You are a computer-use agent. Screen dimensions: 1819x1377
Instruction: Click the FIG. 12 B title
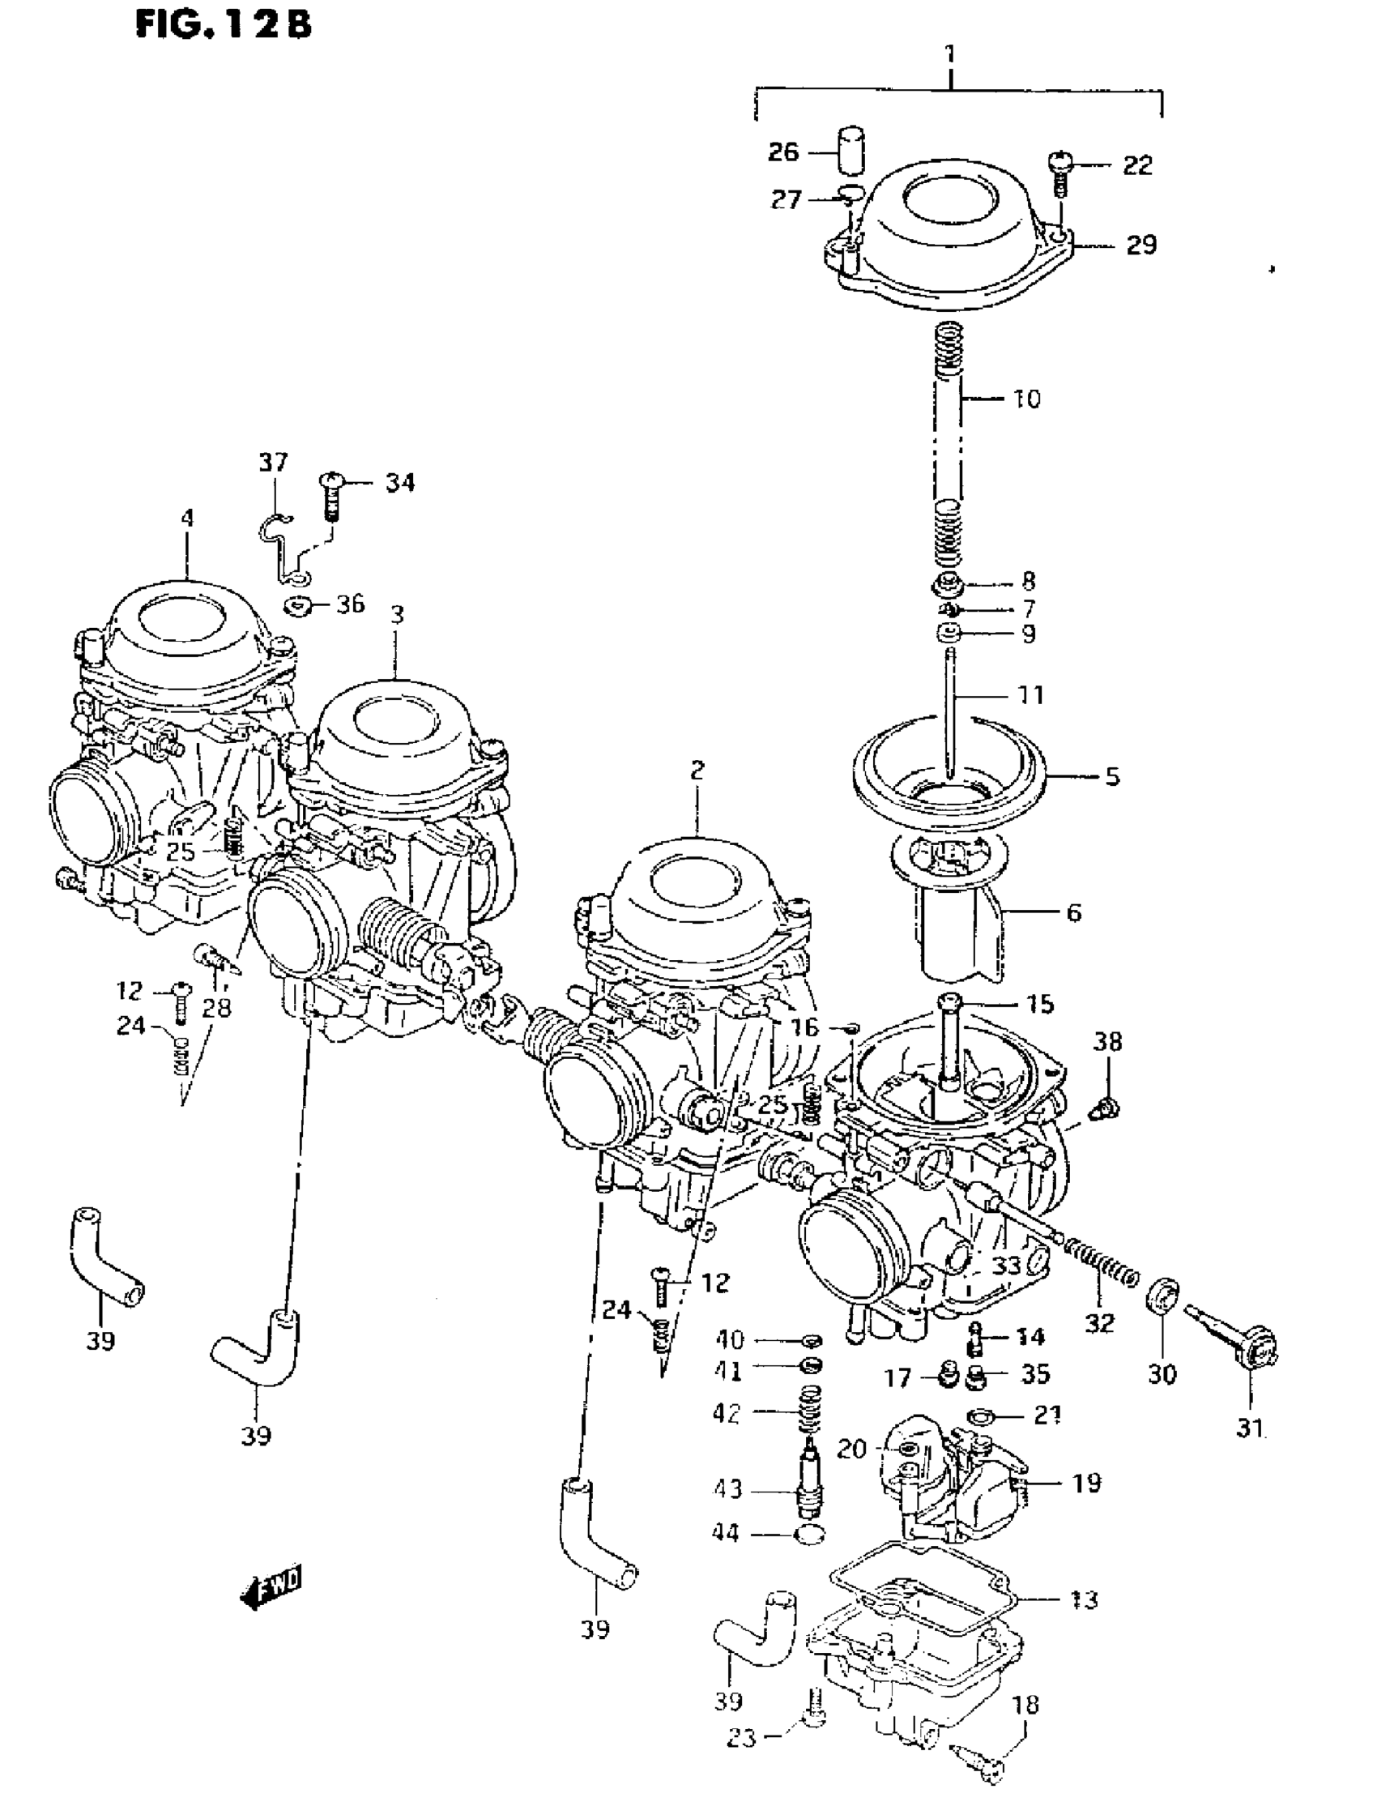pos(223,24)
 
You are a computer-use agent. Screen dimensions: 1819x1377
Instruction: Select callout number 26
pos(783,152)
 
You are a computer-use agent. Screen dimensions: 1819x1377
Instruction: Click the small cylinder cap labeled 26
pos(852,148)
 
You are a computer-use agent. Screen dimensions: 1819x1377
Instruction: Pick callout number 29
pos(1140,245)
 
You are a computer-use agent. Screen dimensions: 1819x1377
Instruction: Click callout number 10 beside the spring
pos(1027,399)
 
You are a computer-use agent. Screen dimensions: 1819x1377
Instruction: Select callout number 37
pos(274,463)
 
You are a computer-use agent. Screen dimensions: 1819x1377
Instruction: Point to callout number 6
pos(1073,912)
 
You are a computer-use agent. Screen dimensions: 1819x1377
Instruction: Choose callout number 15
pos(1039,1004)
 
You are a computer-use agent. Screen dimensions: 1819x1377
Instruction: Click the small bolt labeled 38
pos(1105,1109)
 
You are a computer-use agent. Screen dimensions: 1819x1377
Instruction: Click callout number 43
pos(727,1488)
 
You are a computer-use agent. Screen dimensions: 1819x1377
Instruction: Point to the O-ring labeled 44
pos(811,1535)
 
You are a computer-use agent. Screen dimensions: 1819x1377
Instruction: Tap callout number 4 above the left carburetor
pos(187,518)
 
